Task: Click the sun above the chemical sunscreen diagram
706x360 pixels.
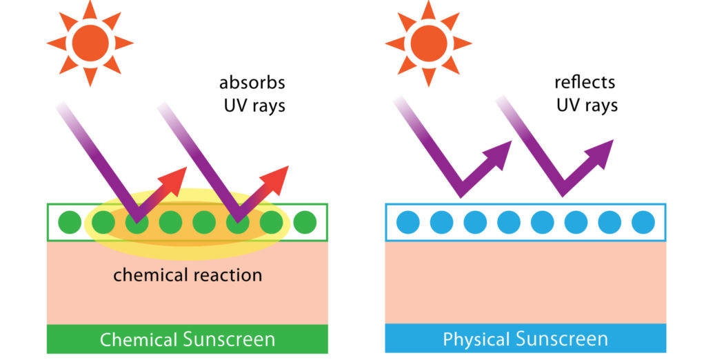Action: coord(90,43)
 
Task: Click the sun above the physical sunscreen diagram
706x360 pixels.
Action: coord(428,43)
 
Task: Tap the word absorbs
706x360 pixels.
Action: coord(252,83)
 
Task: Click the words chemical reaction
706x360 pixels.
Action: coord(188,275)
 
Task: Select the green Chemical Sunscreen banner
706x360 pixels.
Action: coord(188,339)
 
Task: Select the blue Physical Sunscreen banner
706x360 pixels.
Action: coord(525,339)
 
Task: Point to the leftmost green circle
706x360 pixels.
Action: coord(69,223)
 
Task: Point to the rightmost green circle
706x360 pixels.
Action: coord(305,223)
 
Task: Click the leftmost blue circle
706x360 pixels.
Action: coord(408,223)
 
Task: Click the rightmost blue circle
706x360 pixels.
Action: coord(643,223)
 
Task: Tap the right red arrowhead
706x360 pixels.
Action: coord(279,177)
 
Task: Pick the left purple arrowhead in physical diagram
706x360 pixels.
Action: coord(501,151)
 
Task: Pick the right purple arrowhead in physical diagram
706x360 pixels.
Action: coord(603,151)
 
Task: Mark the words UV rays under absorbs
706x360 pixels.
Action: coord(252,106)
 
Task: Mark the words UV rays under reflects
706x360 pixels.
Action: coord(586,106)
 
